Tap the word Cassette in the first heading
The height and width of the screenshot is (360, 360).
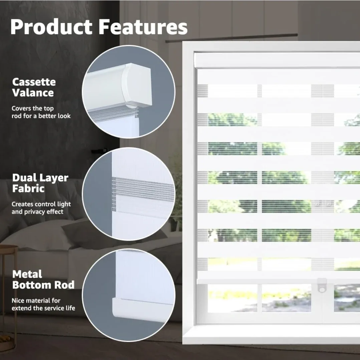(34, 82)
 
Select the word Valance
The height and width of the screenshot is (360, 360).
(33, 93)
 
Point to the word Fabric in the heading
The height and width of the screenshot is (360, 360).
(28, 188)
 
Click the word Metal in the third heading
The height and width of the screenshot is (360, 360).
(27, 274)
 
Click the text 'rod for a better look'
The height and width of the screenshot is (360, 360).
(41, 116)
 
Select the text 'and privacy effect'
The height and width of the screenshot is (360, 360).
(37, 212)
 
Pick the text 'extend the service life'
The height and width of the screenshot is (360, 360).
(43, 308)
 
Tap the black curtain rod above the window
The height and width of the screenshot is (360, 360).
(234, 38)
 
